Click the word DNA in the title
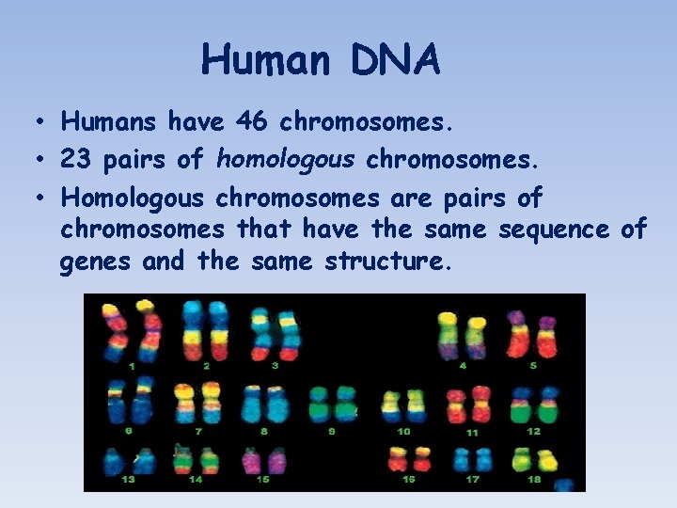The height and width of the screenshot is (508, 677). coord(398,61)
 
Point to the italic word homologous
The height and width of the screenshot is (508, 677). coord(286,159)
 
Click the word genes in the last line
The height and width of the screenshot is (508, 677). coord(96,262)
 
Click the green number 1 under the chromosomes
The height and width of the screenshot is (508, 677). coord(132,366)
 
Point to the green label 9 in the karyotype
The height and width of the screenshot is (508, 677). coord(332,432)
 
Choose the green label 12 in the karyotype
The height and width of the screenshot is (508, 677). coord(533,432)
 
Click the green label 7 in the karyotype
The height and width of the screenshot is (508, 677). coord(198,432)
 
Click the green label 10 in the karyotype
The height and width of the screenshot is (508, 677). coord(403,432)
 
